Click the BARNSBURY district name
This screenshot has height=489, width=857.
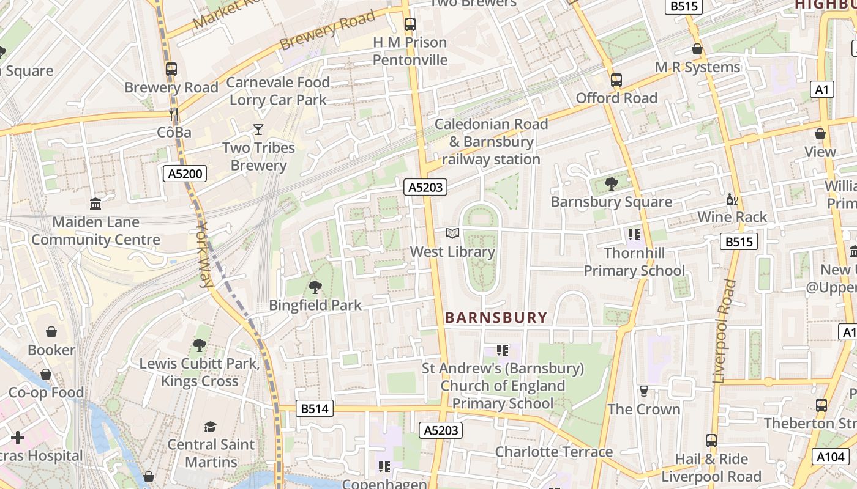pos(496,317)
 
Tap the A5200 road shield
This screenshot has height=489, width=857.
pos(185,174)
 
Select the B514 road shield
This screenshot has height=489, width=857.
pos(315,408)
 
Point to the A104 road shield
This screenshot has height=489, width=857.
pos(831,456)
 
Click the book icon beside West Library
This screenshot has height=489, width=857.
pos(452,233)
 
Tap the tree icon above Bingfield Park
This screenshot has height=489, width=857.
pos(315,287)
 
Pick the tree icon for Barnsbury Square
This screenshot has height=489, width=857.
pos(611,183)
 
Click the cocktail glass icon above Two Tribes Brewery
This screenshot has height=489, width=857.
pos(258,129)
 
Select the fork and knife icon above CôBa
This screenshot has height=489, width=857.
pos(174,114)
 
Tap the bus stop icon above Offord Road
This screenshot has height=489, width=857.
pos(616,80)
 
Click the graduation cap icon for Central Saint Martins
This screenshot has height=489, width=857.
pos(211,426)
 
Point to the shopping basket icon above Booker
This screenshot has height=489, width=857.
pos(51,332)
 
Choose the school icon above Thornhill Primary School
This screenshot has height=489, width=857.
pos(634,234)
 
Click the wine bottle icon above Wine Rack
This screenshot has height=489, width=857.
pos(732,199)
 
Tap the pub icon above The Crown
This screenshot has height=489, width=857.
pos(643,391)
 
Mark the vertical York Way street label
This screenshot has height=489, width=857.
pos(204,254)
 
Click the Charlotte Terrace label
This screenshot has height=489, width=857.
pos(553,452)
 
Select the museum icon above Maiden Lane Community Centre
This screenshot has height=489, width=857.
pos(95,204)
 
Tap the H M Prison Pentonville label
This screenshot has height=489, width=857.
pos(410,51)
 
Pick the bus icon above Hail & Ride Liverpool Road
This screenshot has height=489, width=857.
pos(711,441)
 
